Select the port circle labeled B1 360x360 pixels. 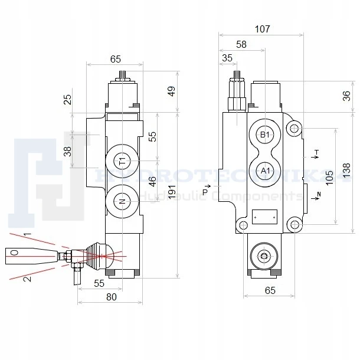pos(265,135)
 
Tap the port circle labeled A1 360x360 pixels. pos(265,171)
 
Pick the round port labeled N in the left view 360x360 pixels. pos(122,201)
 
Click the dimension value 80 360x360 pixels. pos(111,297)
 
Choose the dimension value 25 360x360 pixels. pos(68,99)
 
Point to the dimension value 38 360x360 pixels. pos(68,152)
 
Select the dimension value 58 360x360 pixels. pos(241,44)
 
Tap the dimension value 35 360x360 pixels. pos(227,58)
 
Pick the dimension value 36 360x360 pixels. pos(347,96)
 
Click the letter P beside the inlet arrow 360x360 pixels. pos(205,191)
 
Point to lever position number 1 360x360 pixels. pos(27,235)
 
